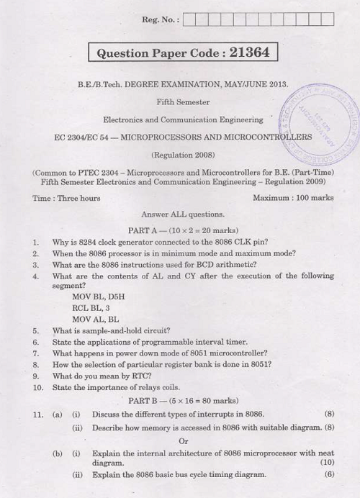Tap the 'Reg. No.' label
point(162,19)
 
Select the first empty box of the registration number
point(190,19)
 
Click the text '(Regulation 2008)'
point(183,154)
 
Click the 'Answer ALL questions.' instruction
point(183,214)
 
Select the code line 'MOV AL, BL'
point(96,319)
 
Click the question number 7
point(35,353)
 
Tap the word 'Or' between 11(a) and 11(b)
point(183,440)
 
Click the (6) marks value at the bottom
point(329,474)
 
